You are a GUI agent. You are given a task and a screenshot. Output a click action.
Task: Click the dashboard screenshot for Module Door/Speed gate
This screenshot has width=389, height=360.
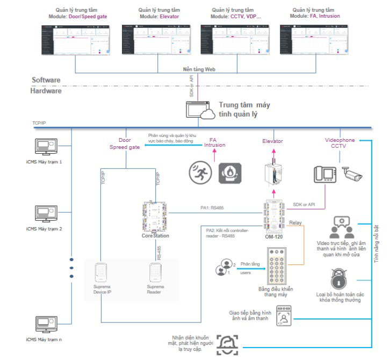pos(76,39)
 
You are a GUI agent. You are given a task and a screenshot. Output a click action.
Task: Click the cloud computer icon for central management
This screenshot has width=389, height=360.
pos(200,110)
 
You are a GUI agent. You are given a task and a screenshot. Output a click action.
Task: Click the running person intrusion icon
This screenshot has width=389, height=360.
pos(200,172)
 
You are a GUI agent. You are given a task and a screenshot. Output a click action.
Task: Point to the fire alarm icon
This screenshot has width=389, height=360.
pos(230,172)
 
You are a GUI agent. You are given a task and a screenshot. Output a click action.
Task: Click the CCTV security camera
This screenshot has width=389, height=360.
pos(352,174)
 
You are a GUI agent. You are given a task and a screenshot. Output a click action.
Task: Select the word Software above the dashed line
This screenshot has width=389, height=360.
pos(46,80)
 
